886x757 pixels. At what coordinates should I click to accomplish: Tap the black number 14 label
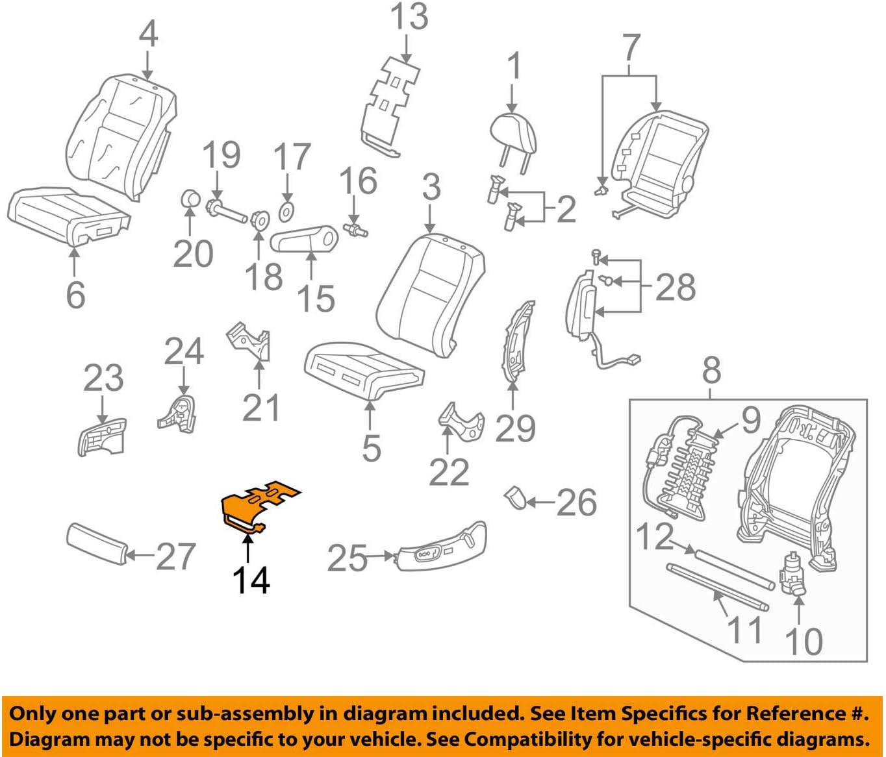click(x=251, y=580)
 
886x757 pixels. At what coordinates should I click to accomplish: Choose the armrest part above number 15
click(x=305, y=239)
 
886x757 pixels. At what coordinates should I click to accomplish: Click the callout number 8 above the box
click(x=711, y=370)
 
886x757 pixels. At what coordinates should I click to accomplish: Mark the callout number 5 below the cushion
click(x=371, y=448)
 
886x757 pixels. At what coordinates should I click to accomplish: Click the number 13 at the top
click(x=409, y=17)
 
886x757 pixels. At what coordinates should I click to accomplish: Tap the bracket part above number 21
click(x=251, y=340)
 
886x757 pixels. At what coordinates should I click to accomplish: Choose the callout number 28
click(x=675, y=287)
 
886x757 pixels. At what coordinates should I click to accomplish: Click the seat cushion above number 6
click(x=68, y=215)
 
